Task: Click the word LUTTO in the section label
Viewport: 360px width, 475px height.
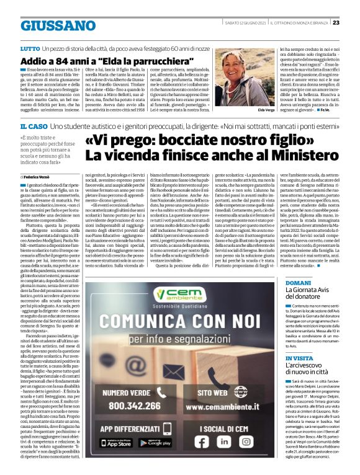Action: click(30, 48)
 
